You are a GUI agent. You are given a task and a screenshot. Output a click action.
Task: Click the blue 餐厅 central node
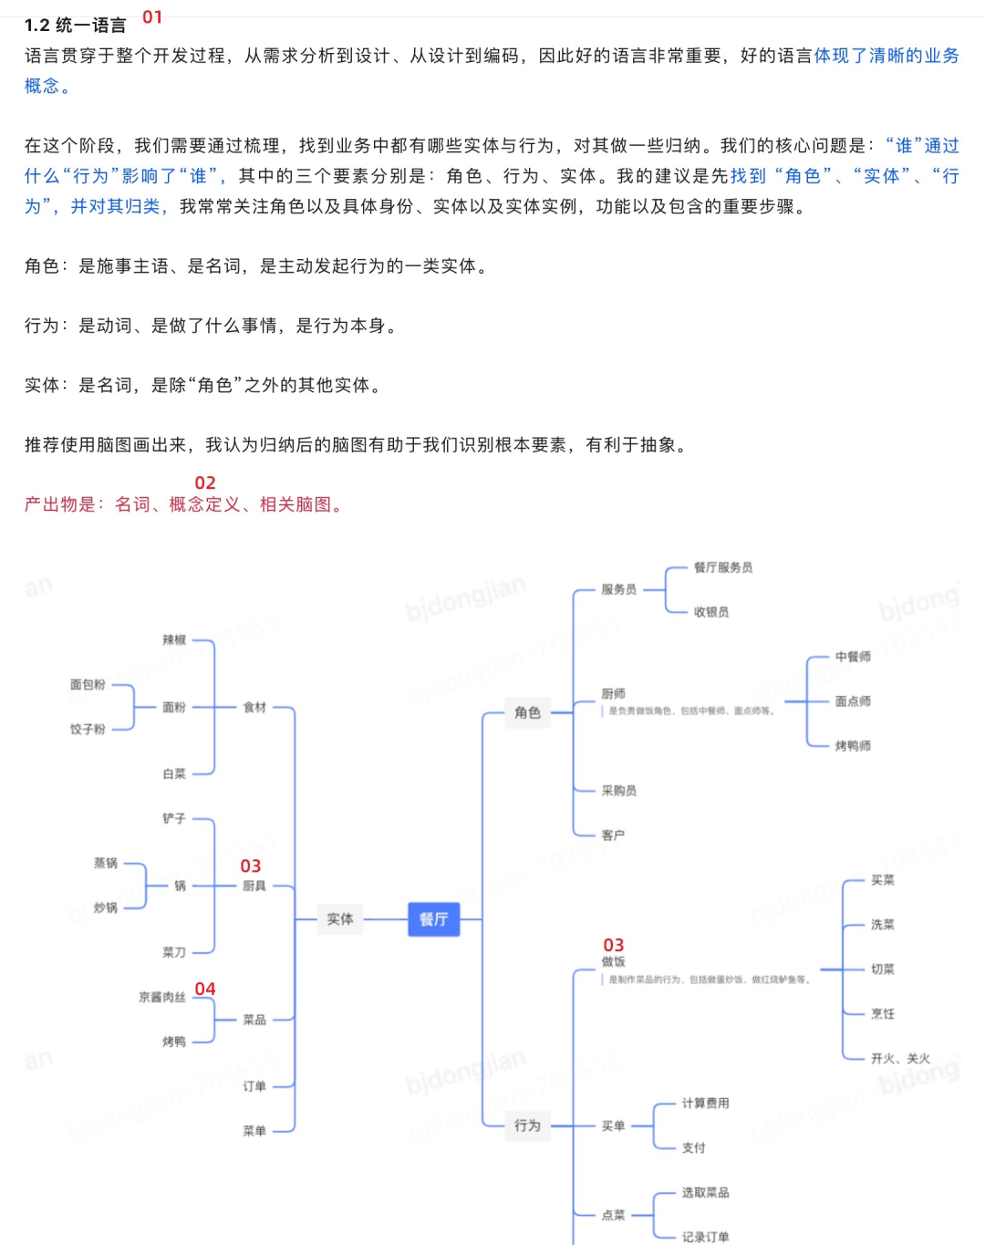[433, 919]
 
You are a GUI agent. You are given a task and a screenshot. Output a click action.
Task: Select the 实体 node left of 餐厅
[339, 919]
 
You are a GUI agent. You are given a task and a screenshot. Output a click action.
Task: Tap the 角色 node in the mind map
[527, 712]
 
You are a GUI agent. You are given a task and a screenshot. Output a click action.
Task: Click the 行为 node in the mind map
[527, 1126]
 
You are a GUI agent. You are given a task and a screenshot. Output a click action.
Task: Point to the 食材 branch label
[254, 707]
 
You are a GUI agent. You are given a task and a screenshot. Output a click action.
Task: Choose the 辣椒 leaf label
[174, 640]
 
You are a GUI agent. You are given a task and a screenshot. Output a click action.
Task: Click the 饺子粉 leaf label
[88, 730]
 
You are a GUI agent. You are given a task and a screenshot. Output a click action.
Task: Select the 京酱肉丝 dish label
[162, 998]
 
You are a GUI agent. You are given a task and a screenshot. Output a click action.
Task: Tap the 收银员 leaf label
[711, 612]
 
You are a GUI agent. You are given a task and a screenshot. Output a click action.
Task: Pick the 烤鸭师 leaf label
[853, 746]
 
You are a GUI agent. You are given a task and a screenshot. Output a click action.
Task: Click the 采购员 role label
[619, 791]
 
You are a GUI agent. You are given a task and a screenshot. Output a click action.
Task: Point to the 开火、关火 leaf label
[900, 1059]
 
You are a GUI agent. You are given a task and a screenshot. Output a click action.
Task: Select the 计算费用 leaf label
[705, 1104]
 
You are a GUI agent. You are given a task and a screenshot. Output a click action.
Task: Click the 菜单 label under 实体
[254, 1131]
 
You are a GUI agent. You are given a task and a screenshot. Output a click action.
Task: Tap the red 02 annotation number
[205, 483]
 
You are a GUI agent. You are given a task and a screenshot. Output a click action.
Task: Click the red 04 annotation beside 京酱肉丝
[205, 990]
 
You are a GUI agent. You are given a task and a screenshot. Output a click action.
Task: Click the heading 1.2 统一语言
[76, 26]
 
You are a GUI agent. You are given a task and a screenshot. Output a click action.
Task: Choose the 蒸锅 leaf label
[106, 863]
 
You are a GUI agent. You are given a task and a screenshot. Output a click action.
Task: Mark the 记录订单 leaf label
[705, 1237]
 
